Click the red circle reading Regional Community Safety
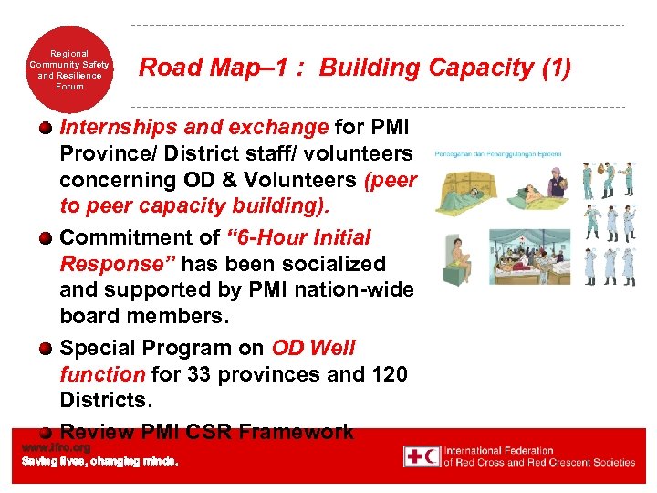pyautogui.click(x=69, y=70)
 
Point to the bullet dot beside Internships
pyautogui.click(x=44, y=128)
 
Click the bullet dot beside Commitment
pyautogui.click(x=44, y=238)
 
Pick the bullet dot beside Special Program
pyautogui.click(x=44, y=349)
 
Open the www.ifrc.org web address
pyautogui.click(x=56, y=447)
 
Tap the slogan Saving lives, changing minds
pyautogui.click(x=100, y=462)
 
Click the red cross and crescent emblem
pyautogui.click(x=422, y=456)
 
